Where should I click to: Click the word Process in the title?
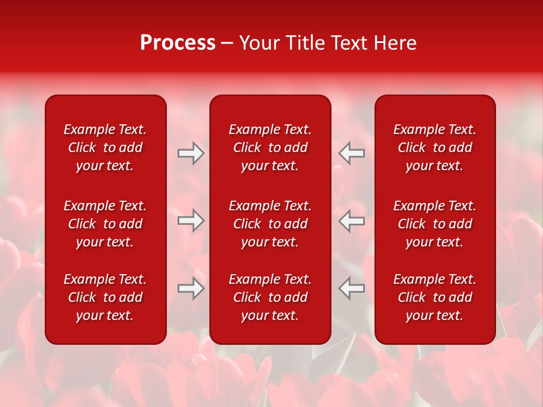click(178, 43)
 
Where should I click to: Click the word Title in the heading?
click(305, 43)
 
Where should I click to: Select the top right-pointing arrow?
click(191, 153)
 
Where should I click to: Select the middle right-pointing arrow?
click(191, 220)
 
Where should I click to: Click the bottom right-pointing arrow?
click(191, 288)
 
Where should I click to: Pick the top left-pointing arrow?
click(351, 153)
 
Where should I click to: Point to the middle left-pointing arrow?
click(351, 220)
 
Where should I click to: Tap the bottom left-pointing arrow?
click(351, 288)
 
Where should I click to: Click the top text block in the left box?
click(105, 148)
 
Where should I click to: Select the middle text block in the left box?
click(105, 224)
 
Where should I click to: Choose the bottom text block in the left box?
click(105, 297)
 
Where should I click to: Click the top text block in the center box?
click(270, 148)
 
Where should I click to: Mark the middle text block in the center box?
click(270, 224)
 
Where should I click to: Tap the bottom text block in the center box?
click(270, 297)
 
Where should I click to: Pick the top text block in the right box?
click(434, 148)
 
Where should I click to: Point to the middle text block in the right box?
click(434, 224)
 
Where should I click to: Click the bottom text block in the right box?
click(434, 297)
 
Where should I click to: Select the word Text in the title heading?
click(349, 43)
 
